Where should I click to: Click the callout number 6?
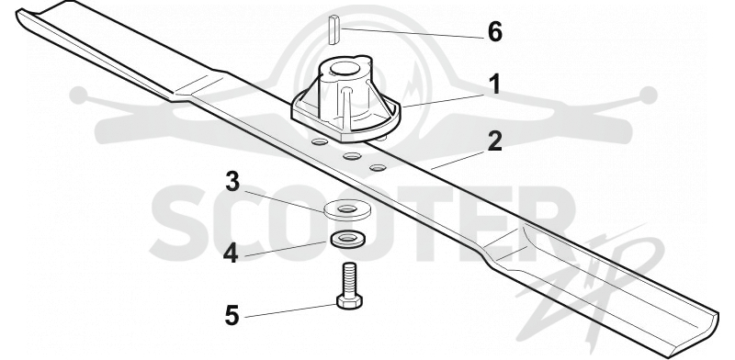[x=495, y=32]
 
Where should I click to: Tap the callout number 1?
[x=493, y=85]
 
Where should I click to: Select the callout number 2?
[x=494, y=141]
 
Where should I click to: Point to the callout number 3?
[x=232, y=182]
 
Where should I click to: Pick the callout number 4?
[x=231, y=254]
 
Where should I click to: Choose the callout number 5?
[x=232, y=316]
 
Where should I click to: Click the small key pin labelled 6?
[x=334, y=30]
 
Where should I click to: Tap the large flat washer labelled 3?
[x=347, y=209]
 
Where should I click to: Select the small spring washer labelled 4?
[x=347, y=239]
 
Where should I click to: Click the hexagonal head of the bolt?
[x=349, y=300]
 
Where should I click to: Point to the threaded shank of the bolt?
[x=349, y=278]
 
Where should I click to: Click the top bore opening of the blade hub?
[x=345, y=69]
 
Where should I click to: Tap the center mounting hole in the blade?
[x=352, y=156]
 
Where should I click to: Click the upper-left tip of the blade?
[x=18, y=13]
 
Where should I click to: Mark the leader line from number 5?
[x=290, y=310]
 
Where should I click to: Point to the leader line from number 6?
[x=413, y=33]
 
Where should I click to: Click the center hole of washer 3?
[x=347, y=208]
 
